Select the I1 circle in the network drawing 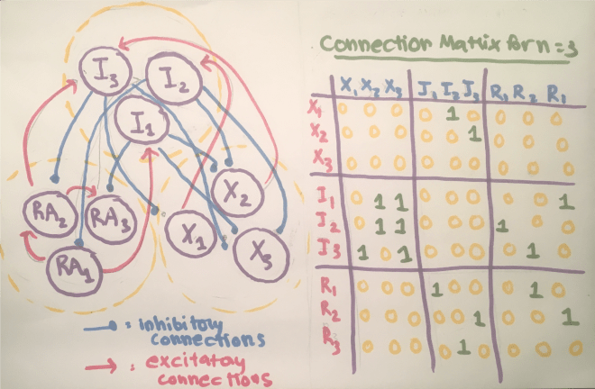[140, 119]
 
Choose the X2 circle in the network [241, 191]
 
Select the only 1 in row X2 [471, 135]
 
